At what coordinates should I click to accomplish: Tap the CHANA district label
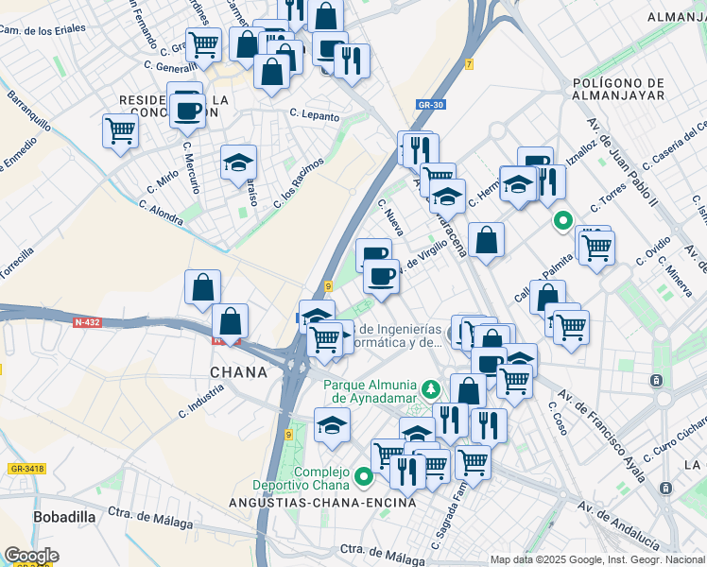pos(238,372)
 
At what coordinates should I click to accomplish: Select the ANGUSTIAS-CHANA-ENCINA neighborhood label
pos(322,503)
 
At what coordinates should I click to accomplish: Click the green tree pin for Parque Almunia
pos(431,389)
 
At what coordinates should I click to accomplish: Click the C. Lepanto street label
pos(314,114)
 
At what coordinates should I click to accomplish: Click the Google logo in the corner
pos(31,556)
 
